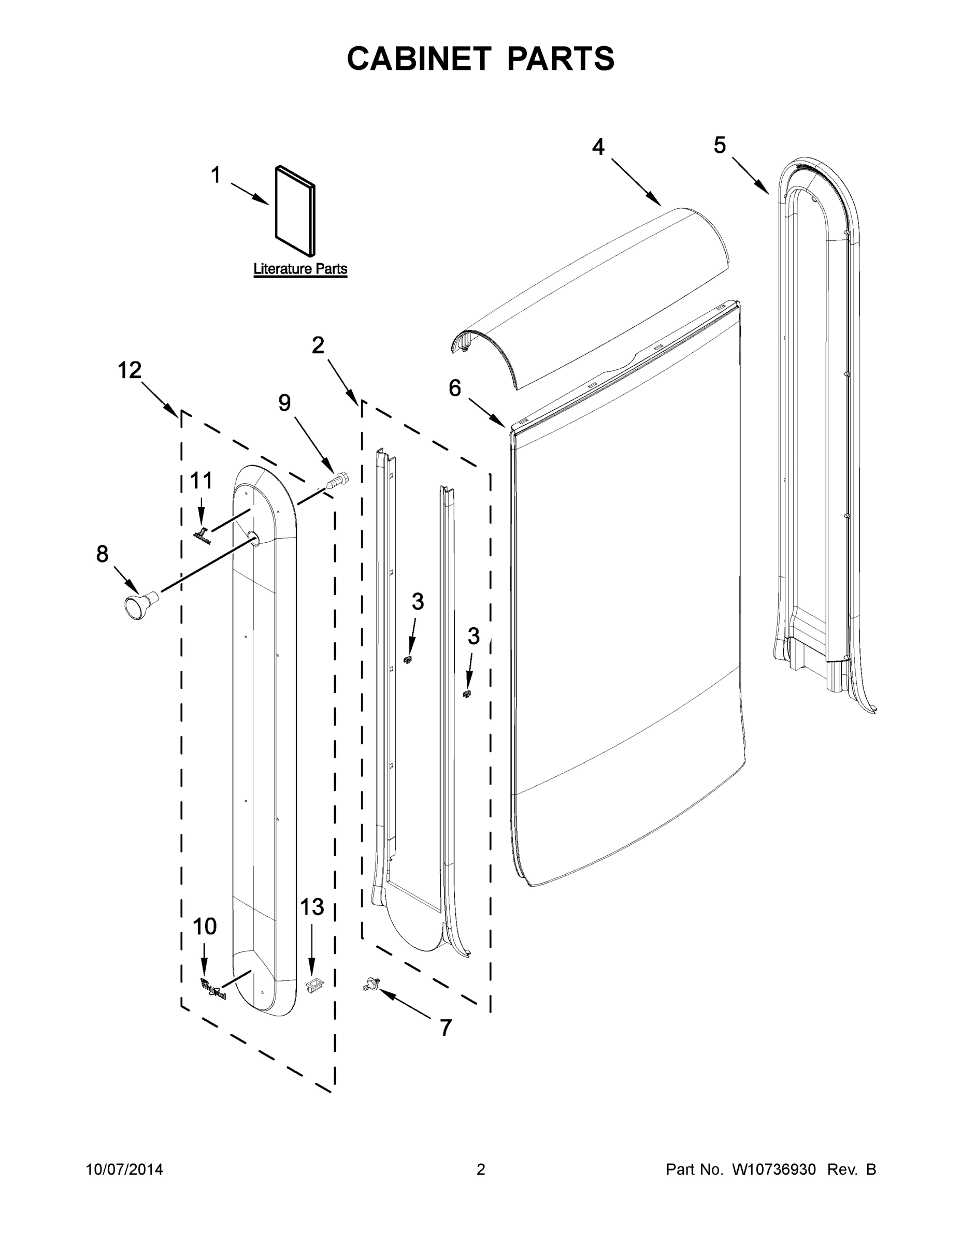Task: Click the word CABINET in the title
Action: click(419, 59)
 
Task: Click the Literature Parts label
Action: click(300, 269)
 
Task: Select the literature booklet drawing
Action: click(295, 211)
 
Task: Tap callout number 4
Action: click(598, 148)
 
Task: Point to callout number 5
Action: click(720, 146)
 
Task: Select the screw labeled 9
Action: click(337, 480)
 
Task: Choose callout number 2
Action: click(318, 345)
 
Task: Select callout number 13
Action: click(311, 907)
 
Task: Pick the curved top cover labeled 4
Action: click(592, 296)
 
